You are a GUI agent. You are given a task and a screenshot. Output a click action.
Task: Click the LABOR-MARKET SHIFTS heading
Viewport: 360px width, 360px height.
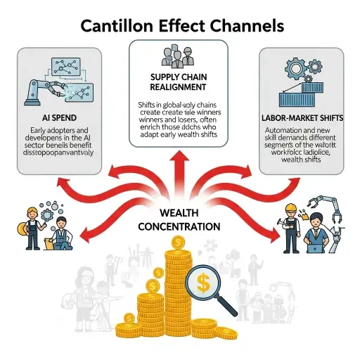click(302, 117)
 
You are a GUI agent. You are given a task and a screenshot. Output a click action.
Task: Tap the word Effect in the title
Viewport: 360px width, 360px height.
click(193, 26)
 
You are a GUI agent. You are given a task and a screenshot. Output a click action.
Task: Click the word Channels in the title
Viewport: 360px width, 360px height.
click(251, 26)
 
